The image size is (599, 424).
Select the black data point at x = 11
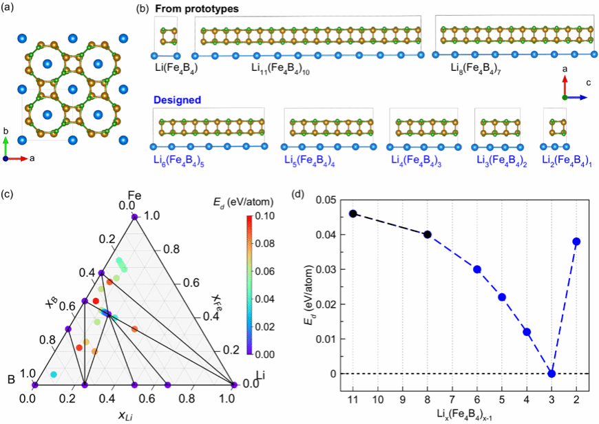pyautogui.click(x=353, y=213)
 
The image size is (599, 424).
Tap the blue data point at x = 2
pyautogui.click(x=576, y=241)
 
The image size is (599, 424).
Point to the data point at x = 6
pyautogui.click(x=477, y=269)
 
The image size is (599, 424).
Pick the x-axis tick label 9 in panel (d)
pyautogui.click(x=403, y=399)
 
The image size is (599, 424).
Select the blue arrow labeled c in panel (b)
pyautogui.click(x=576, y=98)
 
